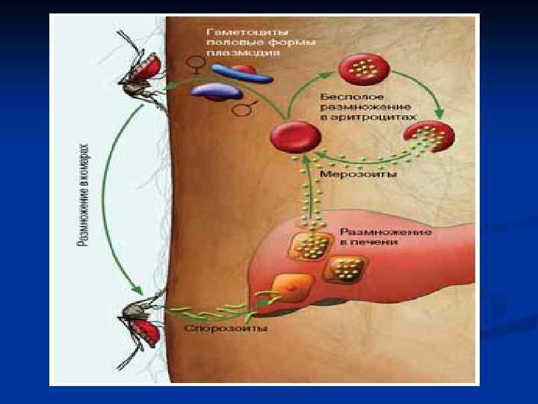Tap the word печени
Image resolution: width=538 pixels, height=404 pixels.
click(x=377, y=242)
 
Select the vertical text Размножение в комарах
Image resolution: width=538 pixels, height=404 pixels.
click(x=84, y=195)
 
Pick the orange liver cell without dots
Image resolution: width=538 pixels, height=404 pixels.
click(x=288, y=288)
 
